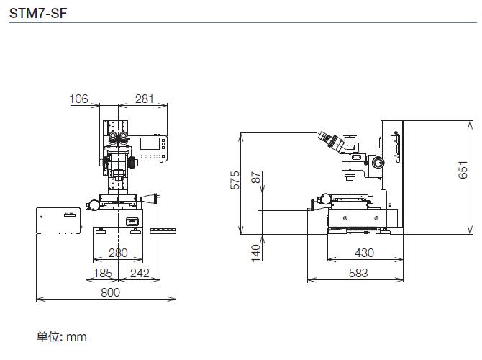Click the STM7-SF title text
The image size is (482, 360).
[38, 13]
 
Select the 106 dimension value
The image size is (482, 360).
[78, 99]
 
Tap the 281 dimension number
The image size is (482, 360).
[145, 99]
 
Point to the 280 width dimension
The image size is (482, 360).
[118, 253]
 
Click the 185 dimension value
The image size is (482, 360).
[103, 273]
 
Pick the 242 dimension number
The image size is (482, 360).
[140, 273]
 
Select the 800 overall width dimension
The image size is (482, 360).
[110, 292]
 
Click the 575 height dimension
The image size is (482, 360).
[235, 180]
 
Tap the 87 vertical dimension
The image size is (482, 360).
[256, 178]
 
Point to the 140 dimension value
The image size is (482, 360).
[256, 253]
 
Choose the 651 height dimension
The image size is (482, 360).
[463, 169]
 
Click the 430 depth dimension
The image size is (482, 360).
[364, 253]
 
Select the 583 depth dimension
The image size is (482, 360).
[358, 273]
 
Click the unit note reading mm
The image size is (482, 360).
[62, 337]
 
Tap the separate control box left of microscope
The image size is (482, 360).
[58, 220]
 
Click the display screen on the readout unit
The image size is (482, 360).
[150, 144]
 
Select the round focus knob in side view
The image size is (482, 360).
[378, 162]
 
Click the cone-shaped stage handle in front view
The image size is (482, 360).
[148, 199]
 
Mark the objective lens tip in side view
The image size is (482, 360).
[350, 178]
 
